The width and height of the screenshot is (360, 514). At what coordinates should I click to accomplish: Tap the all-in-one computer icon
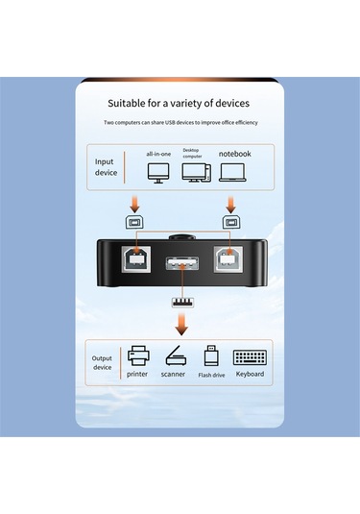159,172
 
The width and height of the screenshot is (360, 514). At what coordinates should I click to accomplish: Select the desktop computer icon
196,173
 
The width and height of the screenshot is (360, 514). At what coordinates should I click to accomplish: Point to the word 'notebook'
234,153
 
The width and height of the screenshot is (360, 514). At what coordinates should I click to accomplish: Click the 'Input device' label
105,167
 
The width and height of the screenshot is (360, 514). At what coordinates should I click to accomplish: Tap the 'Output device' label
102,362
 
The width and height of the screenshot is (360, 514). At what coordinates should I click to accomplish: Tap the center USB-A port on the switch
180,266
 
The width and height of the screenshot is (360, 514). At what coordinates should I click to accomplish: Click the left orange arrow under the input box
132,204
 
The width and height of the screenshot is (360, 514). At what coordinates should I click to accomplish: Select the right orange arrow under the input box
230,204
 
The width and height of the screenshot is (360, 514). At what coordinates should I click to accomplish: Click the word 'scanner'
174,374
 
